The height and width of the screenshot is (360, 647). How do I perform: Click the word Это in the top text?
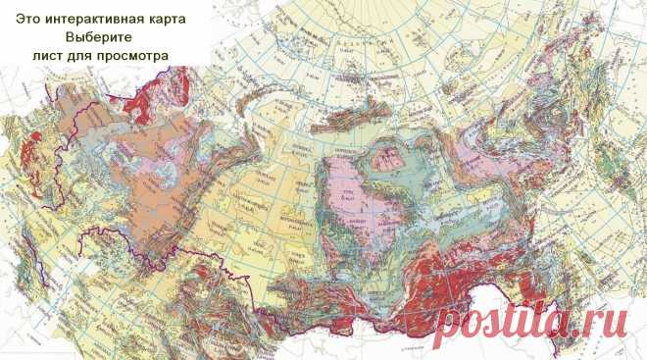tap(28, 18)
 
